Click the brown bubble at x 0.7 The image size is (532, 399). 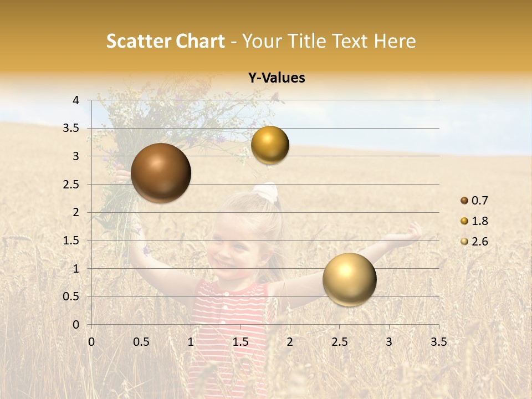161,173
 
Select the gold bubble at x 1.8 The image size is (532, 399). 270,145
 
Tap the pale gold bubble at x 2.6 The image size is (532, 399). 349,279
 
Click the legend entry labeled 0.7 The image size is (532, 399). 474,201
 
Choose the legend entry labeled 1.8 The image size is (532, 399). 474,221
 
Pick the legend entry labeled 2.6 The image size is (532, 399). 474,242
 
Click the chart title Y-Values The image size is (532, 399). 277,78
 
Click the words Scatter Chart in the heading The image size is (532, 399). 165,41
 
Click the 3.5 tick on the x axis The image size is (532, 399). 438,341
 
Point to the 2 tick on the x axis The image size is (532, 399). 289,341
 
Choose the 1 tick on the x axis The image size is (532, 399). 191,341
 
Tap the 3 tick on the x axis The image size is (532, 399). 388,341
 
